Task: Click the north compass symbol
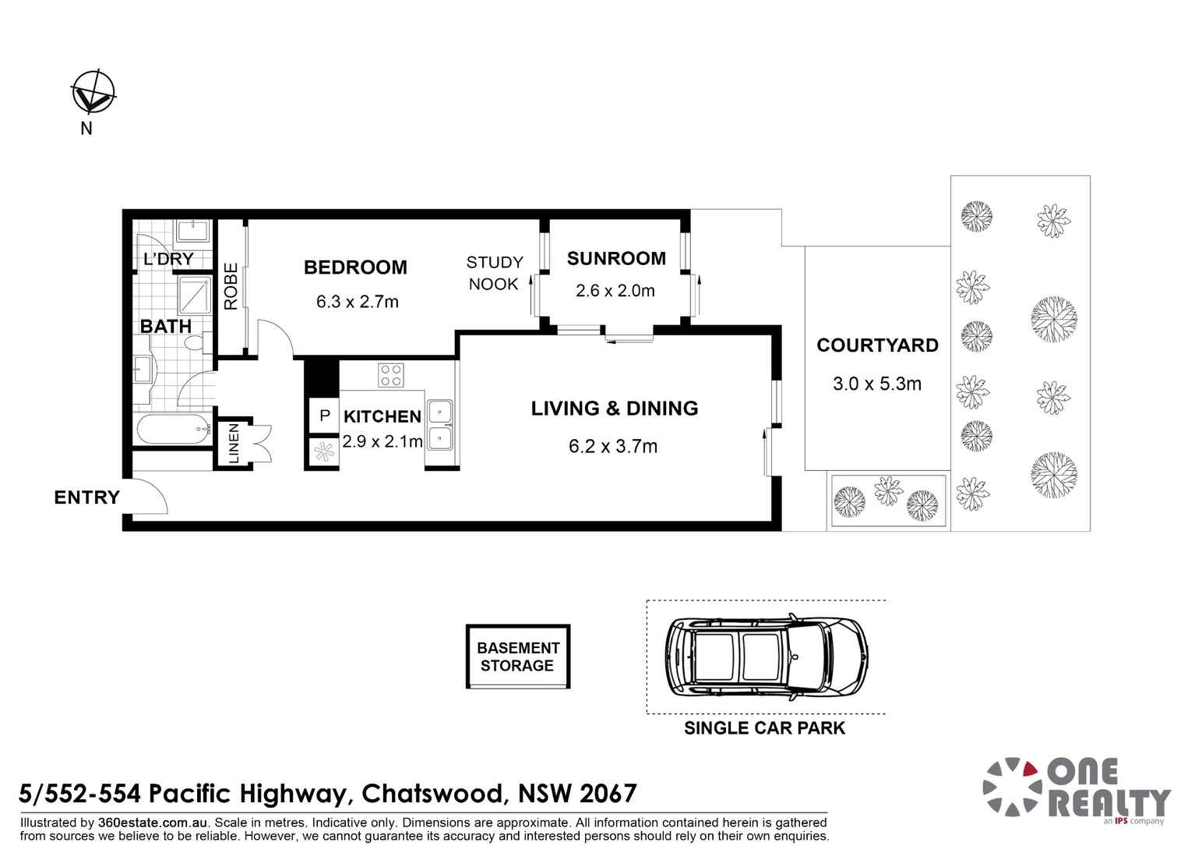93,93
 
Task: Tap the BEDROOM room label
355,267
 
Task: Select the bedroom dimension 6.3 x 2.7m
357,302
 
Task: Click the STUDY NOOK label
494,273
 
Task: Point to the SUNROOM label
616,259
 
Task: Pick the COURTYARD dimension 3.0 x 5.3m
876,384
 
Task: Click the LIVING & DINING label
614,409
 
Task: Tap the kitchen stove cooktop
390,375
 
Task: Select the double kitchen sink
440,424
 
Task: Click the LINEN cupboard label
234,444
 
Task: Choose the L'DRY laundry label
168,259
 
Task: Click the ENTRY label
86,497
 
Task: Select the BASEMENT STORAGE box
518,657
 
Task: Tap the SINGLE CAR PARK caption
764,728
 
